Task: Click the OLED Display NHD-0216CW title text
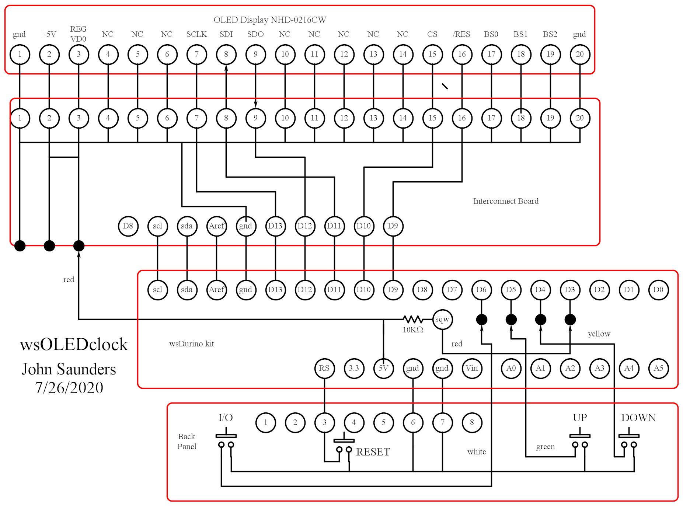[270, 20]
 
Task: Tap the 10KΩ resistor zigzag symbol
[412, 319]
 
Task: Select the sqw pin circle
[442, 319]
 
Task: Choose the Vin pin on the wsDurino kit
[471, 368]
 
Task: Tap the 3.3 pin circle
[354, 368]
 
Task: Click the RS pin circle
[324, 368]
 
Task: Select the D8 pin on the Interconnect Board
[128, 226]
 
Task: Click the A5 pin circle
[658, 368]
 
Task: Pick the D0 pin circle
[658, 290]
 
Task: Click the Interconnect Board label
[506, 201]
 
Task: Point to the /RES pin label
[461, 34]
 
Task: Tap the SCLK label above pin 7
[196, 34]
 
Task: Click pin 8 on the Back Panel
[472, 422]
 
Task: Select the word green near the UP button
[545, 447]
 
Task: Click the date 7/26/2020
[69, 388]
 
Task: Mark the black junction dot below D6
[481, 320]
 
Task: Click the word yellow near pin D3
[599, 334]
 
